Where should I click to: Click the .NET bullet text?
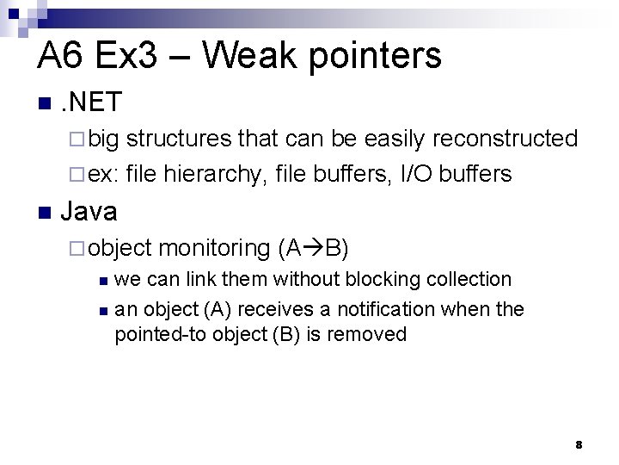91,103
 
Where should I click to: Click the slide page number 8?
579,444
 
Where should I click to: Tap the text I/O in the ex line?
417,174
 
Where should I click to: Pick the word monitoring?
215,248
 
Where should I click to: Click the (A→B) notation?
314,248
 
